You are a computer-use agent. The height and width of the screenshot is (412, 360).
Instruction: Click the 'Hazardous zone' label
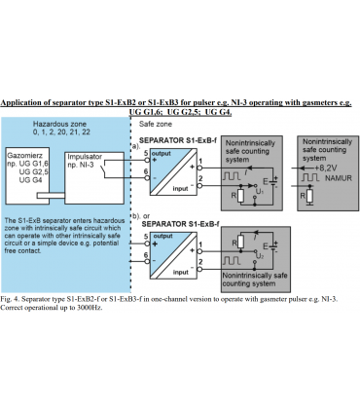point(59,124)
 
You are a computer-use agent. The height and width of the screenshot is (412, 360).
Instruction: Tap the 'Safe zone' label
point(156,124)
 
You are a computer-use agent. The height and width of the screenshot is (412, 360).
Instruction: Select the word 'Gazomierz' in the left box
point(24,156)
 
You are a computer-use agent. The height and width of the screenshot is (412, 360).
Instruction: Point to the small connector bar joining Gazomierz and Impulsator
point(51,196)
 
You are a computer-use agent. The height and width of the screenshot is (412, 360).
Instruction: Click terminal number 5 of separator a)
point(146,153)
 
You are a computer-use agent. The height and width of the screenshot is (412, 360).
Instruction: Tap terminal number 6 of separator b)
point(146,255)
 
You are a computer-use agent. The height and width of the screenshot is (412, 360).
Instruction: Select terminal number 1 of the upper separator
point(200,161)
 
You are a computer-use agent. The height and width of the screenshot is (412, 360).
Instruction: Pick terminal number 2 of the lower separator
point(200,262)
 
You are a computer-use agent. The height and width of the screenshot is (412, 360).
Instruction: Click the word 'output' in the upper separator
point(162,153)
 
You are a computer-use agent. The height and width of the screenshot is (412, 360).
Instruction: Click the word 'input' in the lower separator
point(180,273)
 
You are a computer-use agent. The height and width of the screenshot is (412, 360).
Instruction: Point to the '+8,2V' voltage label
point(326,169)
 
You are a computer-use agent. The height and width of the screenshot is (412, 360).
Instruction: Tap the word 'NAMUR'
point(339,178)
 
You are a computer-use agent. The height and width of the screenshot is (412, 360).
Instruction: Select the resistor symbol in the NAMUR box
point(310,196)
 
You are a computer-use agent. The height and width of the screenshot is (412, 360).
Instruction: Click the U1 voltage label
point(260,192)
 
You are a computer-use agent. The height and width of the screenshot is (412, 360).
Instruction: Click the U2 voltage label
point(260,256)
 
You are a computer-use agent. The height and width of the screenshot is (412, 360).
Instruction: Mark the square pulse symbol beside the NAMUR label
point(310,177)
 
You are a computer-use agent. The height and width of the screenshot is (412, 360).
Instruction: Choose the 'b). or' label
point(141,216)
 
